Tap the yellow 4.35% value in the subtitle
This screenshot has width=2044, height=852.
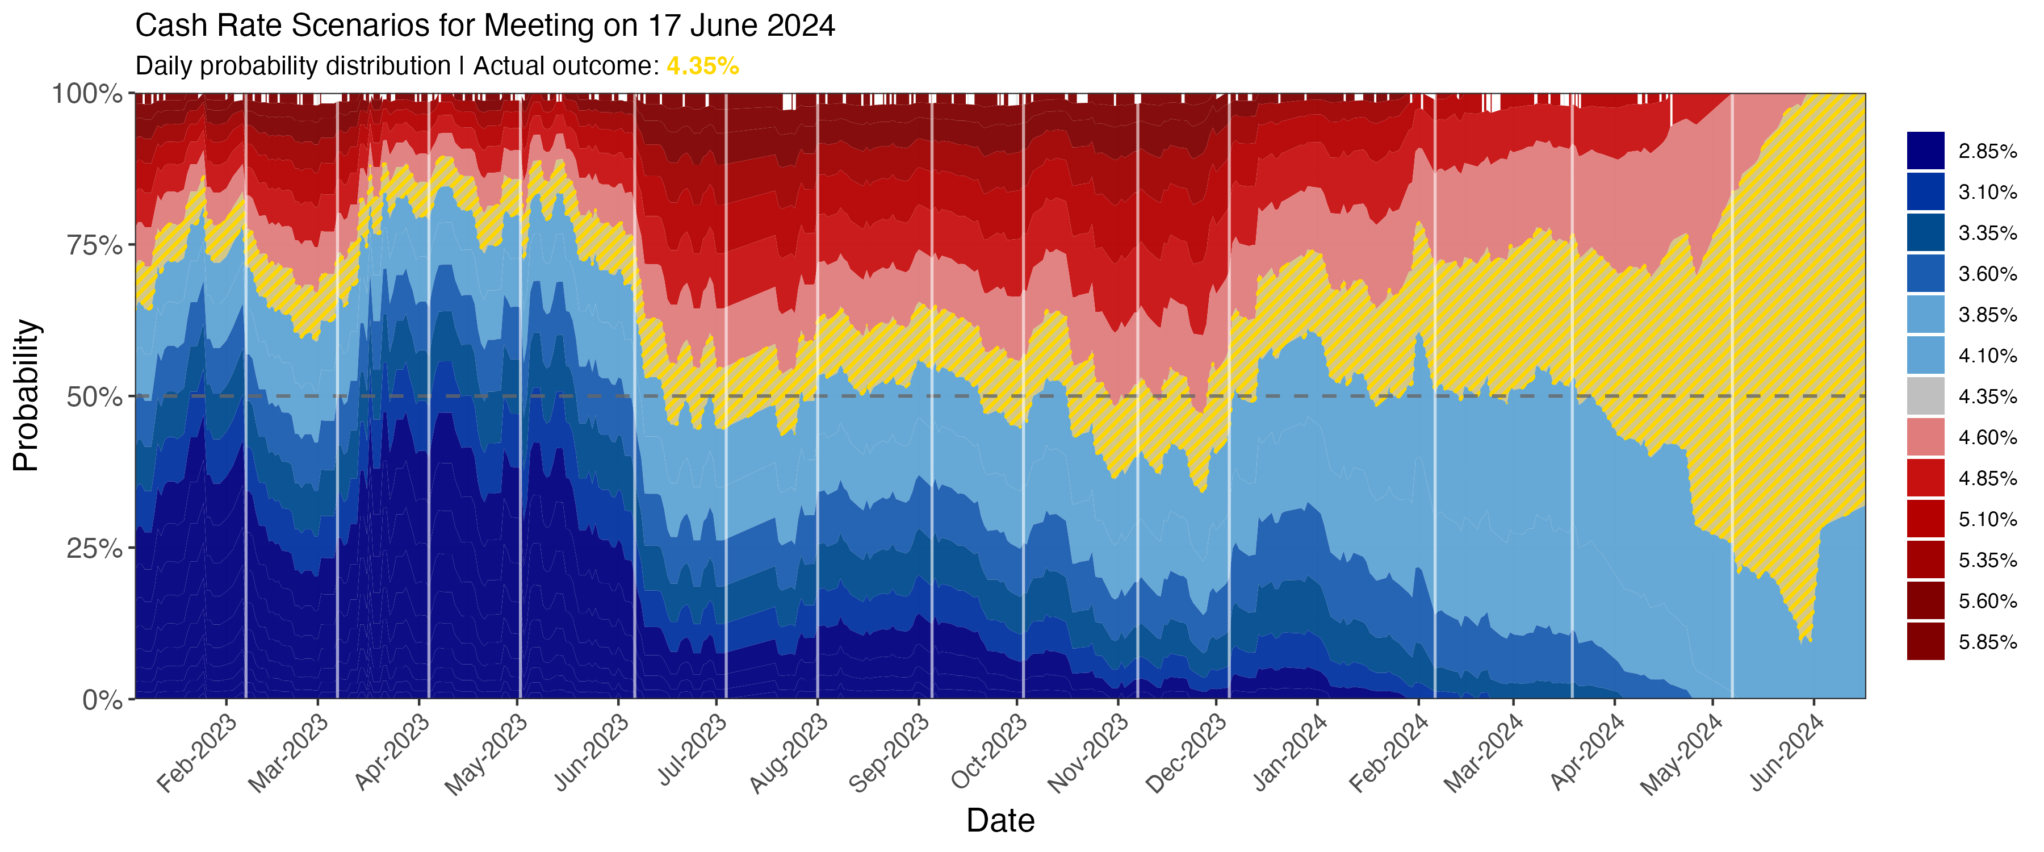[702, 66]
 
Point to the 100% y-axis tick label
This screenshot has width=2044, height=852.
[87, 94]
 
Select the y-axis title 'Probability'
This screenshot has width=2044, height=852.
[26, 395]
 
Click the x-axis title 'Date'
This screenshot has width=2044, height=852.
[1000, 820]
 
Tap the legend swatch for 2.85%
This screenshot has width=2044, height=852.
[1926, 151]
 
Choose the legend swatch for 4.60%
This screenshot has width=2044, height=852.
[1926, 437]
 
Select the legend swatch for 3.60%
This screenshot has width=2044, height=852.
[1926, 274]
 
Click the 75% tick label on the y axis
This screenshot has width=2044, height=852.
[94, 245]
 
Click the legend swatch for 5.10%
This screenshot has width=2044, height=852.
[1926, 519]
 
